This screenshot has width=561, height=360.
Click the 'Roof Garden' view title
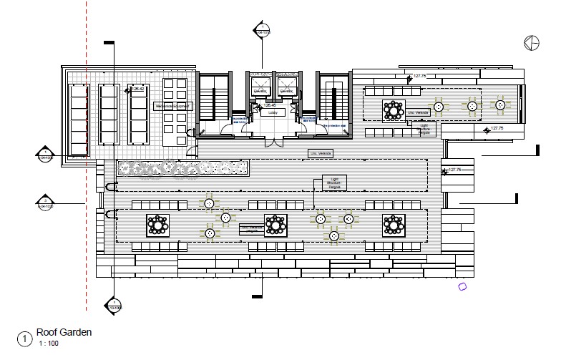pyautogui.click(x=64, y=332)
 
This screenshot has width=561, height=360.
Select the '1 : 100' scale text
pyautogui.click(x=48, y=344)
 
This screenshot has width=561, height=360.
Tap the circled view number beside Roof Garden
pyautogui.click(x=26, y=338)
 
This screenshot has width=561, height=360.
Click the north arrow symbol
pyautogui.click(x=532, y=43)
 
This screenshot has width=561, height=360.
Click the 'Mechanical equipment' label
pyautogui.click(x=174, y=106)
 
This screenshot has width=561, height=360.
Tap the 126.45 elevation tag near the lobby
pyautogui.click(x=268, y=106)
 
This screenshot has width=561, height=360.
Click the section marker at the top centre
pyautogui.click(x=263, y=30)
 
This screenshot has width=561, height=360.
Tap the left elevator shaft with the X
pyautogui.click(x=261, y=87)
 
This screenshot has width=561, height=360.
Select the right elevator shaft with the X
pyautogui.click(x=288, y=87)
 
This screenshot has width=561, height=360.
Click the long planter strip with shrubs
pyautogui.click(x=182, y=168)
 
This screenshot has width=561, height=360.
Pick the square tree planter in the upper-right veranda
pyautogui.click(x=394, y=110)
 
